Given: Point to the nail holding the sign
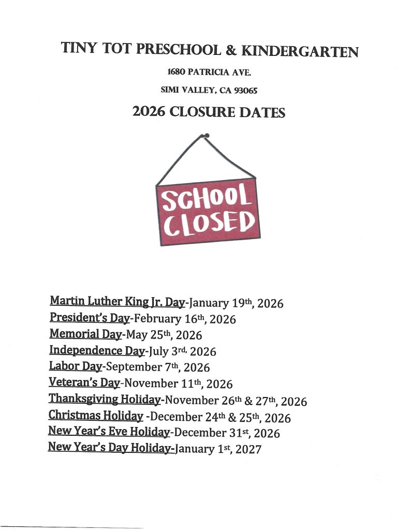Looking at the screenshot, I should click(207, 136).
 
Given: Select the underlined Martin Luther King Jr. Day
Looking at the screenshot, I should click(118, 301).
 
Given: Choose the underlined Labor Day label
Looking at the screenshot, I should click(76, 366).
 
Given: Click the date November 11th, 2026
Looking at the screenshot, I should click(179, 384).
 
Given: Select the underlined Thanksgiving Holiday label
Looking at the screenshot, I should click(105, 399).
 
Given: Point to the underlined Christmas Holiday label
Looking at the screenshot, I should click(96, 416).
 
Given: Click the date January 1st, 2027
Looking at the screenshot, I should click(218, 449).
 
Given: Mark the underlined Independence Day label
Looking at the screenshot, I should click(97, 350).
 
